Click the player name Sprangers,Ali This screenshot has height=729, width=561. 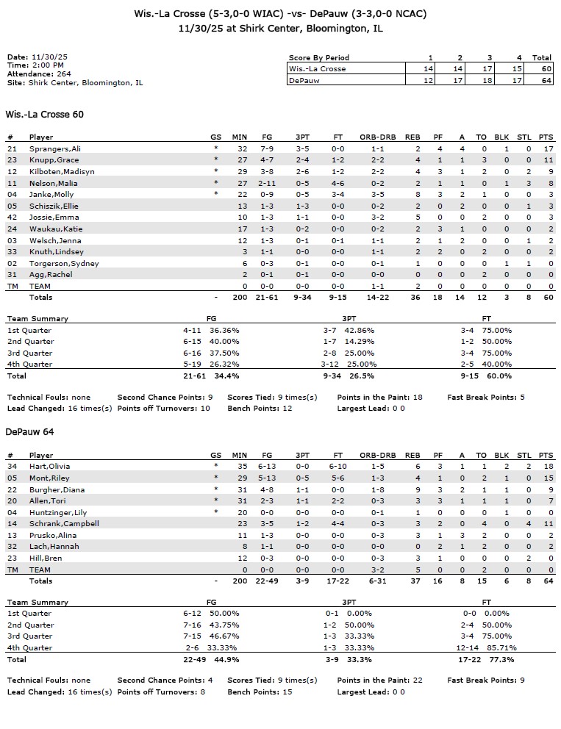point(55,148)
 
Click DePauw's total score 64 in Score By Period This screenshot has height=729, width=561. point(542,80)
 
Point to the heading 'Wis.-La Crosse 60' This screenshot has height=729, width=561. point(44,115)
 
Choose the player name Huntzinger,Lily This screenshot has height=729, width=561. point(58,512)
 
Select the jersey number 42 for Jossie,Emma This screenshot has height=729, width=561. point(12,218)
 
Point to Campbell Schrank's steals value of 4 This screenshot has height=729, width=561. point(528,523)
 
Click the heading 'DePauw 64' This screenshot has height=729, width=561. point(29,432)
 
